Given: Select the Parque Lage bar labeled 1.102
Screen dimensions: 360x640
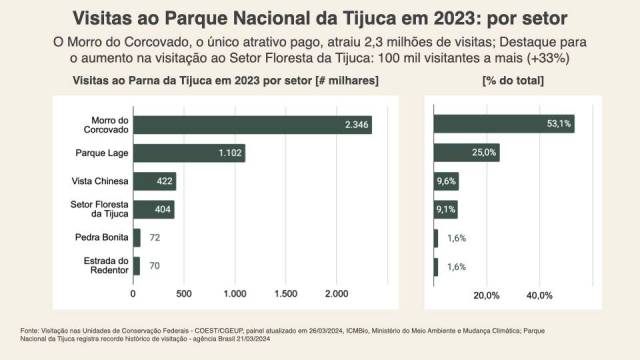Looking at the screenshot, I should (x=188, y=153).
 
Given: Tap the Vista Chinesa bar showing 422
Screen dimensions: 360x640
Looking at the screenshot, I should (x=154, y=181).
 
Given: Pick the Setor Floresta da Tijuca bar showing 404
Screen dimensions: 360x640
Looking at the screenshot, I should (x=153, y=210).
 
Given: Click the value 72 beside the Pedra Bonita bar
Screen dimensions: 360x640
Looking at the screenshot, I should (x=155, y=238).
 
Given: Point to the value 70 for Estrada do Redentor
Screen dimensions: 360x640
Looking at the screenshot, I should (x=155, y=267).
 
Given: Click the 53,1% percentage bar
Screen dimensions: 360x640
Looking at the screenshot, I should (x=503, y=124).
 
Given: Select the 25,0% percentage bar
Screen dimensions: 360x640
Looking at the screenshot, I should (x=466, y=153).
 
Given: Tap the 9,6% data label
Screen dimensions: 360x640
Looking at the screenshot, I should (x=446, y=181).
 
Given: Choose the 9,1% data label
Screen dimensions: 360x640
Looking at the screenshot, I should (x=446, y=210).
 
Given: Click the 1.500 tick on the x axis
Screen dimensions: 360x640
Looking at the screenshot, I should (x=285, y=295).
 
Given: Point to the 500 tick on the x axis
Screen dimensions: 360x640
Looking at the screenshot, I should (x=183, y=295).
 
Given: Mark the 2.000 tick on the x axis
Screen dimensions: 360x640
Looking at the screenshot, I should (x=336, y=295).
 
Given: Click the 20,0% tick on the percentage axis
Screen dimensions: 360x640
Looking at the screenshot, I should (x=486, y=295).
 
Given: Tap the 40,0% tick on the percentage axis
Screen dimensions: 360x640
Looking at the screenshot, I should (x=539, y=295).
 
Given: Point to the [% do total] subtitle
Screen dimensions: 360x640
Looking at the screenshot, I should (x=513, y=79).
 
